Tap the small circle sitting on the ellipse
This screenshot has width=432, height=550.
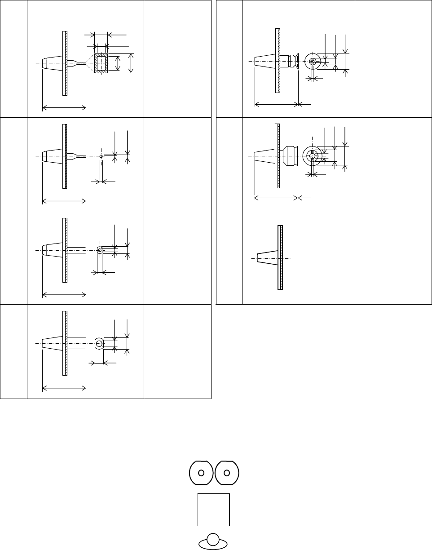click(x=214, y=539)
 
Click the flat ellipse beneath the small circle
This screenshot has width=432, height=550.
click(x=214, y=545)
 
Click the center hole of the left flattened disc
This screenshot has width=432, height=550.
click(x=201, y=473)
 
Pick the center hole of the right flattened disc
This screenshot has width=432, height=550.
click(x=227, y=473)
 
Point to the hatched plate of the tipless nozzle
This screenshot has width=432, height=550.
click(x=280, y=257)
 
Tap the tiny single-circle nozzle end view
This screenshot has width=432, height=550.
click(x=101, y=156)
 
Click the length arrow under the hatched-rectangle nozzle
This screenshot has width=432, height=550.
click(x=64, y=107)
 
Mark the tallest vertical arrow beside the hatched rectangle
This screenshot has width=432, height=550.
click(x=131, y=63)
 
